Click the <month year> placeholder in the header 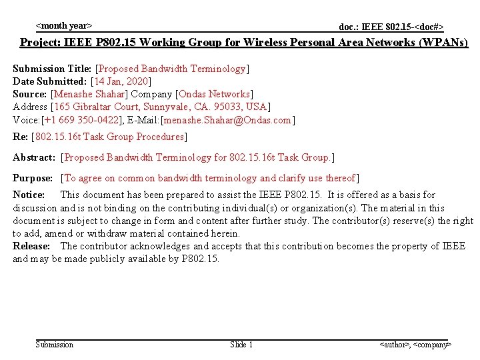click(63, 26)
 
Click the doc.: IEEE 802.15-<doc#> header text click(391, 27)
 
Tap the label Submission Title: click(53, 69)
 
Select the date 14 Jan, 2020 click(121, 81)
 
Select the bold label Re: click(20, 137)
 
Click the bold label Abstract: click(34, 157)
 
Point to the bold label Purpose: click(33, 178)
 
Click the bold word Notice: click(29, 195)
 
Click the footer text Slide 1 click(241, 345)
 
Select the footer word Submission click(54, 345)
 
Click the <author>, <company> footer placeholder click(415, 345)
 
